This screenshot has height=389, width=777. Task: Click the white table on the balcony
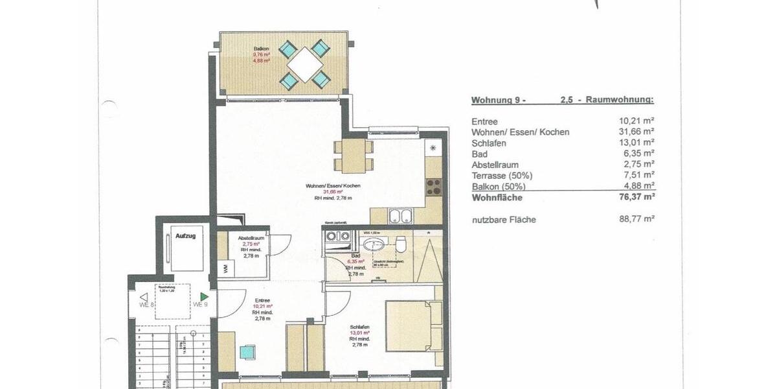(x=304, y=64)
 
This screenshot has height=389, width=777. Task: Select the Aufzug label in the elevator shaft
(x=185, y=237)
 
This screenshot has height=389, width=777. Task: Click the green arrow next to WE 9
(x=204, y=297)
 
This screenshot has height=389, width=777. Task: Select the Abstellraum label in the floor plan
(x=248, y=238)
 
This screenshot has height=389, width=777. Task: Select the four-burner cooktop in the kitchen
(x=433, y=187)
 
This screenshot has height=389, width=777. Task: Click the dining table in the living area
(x=354, y=156)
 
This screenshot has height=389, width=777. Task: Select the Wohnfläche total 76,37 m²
(x=636, y=197)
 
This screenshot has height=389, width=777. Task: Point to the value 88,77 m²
(x=636, y=219)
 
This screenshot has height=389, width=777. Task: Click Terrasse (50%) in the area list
(x=502, y=176)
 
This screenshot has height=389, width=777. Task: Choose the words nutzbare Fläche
(x=504, y=220)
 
